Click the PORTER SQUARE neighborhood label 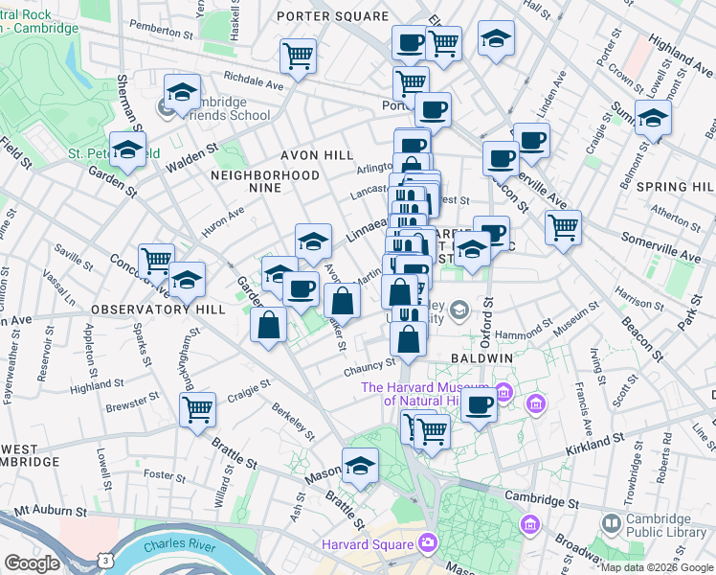point(332,16)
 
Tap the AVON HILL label point(317,155)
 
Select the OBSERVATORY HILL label point(159,310)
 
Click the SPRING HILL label point(681,187)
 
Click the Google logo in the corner point(32,563)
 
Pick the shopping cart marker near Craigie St point(198,410)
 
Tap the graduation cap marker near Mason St point(361,467)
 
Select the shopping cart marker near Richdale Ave point(298,55)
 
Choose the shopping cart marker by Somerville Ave point(563,228)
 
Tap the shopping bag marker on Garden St point(269,323)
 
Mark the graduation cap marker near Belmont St point(654,119)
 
